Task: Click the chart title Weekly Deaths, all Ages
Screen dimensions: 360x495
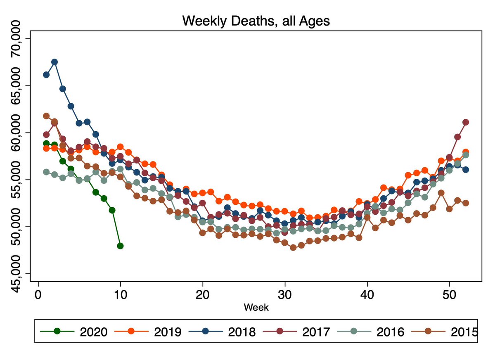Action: tap(256, 21)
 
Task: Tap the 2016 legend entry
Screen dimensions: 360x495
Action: tap(372, 331)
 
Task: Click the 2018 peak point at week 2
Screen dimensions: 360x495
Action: tap(54, 62)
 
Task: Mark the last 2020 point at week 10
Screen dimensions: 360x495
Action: tap(120, 246)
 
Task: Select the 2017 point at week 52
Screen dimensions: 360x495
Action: tap(466, 122)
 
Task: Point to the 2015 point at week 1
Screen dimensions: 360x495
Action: tap(46, 116)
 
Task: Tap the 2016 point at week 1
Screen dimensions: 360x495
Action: tap(46, 172)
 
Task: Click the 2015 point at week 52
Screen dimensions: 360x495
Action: tap(466, 203)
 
